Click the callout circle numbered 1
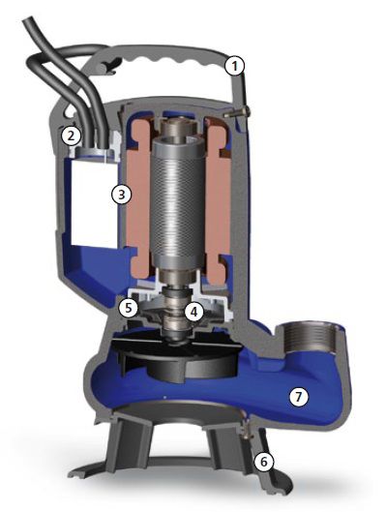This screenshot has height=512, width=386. pyautogui.click(x=235, y=66)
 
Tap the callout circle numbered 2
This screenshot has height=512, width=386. pyautogui.click(x=72, y=136)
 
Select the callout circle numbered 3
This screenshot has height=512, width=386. pyautogui.click(x=121, y=195)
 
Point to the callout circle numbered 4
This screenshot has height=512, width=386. pyautogui.click(x=193, y=312)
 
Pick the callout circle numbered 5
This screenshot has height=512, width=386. pyautogui.click(x=128, y=308)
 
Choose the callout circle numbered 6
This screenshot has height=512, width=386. pyautogui.click(x=264, y=462)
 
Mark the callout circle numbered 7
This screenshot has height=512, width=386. pyautogui.click(x=298, y=397)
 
